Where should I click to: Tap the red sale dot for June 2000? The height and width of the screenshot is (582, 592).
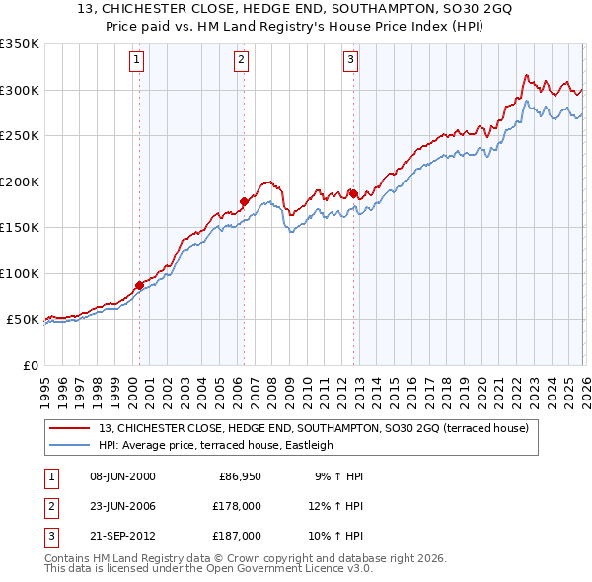point(139,285)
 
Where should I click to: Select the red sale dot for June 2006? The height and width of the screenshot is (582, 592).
point(244,201)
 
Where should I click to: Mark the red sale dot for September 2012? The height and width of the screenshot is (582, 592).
point(353,193)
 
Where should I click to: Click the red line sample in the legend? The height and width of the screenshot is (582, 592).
point(70,428)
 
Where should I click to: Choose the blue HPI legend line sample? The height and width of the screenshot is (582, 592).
point(70,445)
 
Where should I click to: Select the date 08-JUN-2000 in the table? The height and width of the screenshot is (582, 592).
point(121,476)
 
